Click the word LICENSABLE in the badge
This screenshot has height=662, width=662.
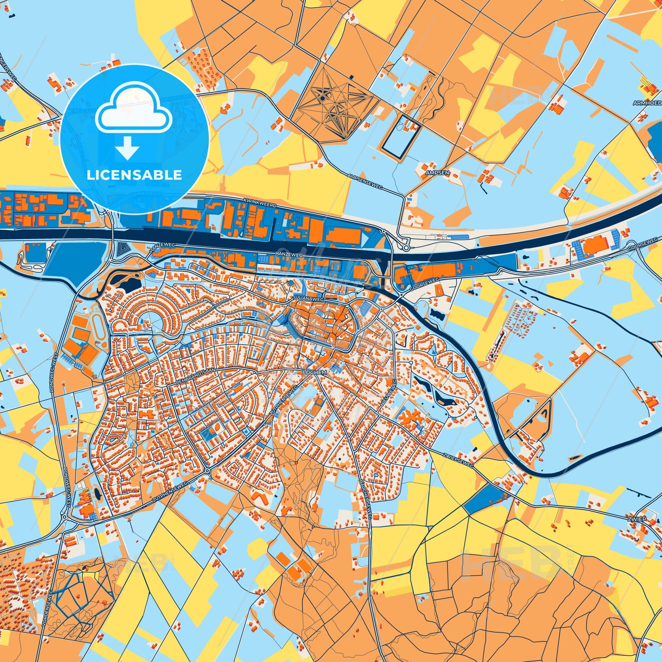tap(134, 175)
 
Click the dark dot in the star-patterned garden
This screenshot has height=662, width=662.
tap(322, 98)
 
